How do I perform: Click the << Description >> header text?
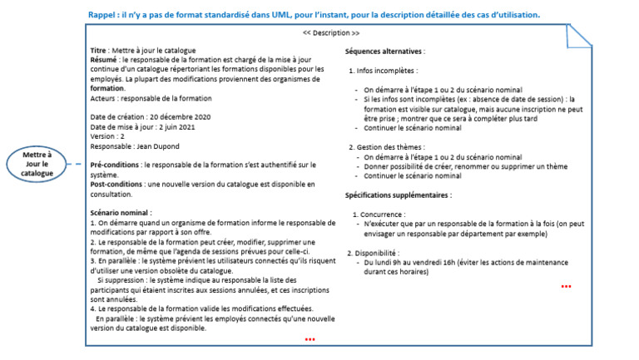point(331,32)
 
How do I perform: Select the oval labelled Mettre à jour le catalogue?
point(37,164)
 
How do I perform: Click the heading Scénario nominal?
point(120,214)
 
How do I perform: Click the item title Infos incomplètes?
point(387,72)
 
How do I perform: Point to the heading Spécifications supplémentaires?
point(399,195)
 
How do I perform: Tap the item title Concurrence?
point(382,215)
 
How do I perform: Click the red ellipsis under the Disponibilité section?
point(566,287)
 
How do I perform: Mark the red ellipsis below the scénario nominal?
point(310,339)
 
